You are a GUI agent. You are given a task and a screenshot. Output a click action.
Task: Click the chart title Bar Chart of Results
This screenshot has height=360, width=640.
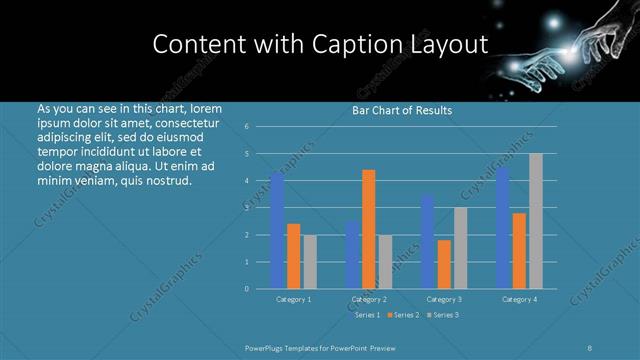pos(402,110)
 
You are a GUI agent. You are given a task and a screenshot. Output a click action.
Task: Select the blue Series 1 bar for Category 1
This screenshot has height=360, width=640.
pos(277,231)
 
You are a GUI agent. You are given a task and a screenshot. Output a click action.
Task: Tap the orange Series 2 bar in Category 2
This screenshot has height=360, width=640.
pos(369,229)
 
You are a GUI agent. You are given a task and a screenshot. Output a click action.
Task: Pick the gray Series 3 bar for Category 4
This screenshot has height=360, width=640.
pos(535,221)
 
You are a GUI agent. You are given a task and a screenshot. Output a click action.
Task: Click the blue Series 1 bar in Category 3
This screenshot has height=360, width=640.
pos(427,242)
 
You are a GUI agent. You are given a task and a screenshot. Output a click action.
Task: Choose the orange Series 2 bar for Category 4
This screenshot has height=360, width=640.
pos(519,251)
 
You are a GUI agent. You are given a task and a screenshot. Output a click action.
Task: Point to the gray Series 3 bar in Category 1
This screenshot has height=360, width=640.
pos(309,262)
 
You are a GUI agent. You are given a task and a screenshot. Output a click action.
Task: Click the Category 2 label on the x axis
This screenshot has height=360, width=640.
pos(369,299)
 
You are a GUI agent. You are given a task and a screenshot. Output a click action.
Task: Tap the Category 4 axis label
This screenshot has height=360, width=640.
pos(519,299)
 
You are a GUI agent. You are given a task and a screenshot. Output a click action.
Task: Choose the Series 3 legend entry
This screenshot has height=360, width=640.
pos(442,315)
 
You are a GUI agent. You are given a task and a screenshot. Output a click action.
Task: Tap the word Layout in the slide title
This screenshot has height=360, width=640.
pos(450,44)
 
